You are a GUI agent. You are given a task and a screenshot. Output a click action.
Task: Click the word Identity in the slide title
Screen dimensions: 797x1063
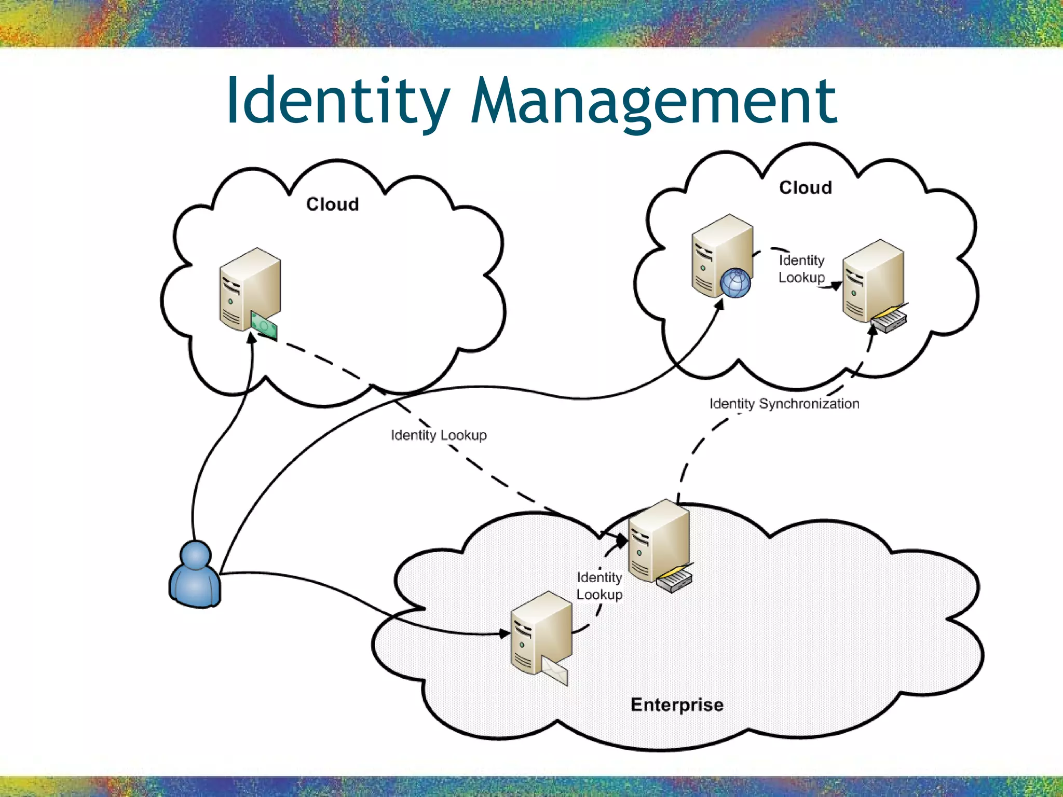pos(337,101)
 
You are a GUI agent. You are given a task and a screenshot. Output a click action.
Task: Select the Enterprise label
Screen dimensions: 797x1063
pos(677,705)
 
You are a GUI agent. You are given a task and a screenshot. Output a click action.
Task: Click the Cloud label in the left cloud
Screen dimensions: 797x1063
pos(332,204)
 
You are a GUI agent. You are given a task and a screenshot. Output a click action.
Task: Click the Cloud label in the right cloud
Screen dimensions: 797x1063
pos(805,187)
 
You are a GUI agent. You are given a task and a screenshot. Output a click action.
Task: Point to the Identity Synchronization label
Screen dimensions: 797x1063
pos(784,404)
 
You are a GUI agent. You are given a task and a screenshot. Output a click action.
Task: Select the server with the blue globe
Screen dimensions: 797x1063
pos(721,254)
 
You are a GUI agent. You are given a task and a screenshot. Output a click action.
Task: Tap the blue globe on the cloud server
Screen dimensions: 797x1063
pos(735,283)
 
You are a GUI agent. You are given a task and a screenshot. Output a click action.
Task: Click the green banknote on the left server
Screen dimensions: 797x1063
pos(264,326)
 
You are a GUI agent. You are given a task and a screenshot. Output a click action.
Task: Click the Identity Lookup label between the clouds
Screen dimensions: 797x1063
pos(439,435)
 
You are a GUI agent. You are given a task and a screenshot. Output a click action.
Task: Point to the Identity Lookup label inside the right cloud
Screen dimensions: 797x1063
pos(801,269)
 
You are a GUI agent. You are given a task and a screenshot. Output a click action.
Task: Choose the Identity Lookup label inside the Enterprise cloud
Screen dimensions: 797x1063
pos(599,586)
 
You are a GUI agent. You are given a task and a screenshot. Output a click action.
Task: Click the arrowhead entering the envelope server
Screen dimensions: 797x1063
pos(505,633)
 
